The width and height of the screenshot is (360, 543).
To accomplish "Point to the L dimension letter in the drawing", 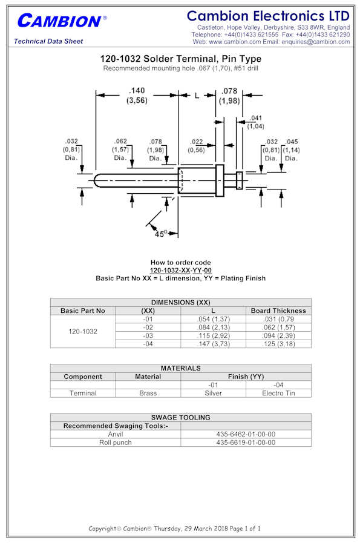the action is [x=197, y=96].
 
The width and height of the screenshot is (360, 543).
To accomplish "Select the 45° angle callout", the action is [x=160, y=234].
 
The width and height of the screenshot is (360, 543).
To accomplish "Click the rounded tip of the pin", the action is [x=96, y=180].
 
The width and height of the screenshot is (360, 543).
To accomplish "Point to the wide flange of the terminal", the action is [x=220, y=180].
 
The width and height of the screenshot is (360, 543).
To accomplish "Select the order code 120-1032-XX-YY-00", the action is [x=180, y=271].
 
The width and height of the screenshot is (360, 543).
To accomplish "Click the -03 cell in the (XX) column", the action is [x=148, y=335].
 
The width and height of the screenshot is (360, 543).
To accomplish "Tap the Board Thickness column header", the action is [x=278, y=311].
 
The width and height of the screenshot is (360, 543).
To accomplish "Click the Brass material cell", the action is [x=148, y=393].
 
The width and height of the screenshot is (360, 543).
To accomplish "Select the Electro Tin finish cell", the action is [x=278, y=393].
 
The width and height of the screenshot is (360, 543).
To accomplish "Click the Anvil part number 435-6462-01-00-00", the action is [x=246, y=434].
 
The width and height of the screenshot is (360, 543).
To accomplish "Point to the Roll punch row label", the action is [x=116, y=443].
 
